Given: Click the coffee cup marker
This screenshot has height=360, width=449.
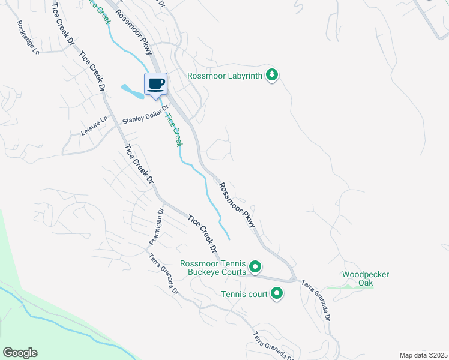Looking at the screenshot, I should [x=155, y=84].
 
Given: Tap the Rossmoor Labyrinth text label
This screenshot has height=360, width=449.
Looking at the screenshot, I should [x=226, y=76].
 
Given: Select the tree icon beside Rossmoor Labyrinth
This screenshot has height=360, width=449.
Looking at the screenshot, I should [x=273, y=74].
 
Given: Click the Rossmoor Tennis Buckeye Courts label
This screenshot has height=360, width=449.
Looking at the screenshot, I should [x=213, y=268].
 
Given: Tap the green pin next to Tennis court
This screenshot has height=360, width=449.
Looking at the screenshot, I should [x=277, y=293].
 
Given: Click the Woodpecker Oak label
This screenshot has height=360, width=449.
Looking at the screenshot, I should [x=366, y=278].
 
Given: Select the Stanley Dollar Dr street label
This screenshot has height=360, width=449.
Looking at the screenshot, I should [x=145, y=114].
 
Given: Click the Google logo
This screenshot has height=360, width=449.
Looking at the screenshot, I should [x=20, y=353].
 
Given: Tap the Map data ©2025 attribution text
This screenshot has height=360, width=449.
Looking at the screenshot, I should [x=423, y=355].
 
